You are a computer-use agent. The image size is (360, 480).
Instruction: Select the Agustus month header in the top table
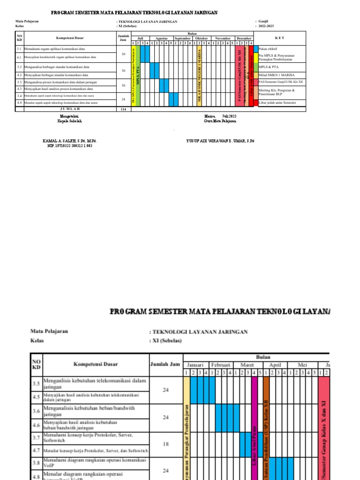[x=161, y=38]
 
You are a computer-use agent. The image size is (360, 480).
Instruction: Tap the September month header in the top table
[x=182, y=38]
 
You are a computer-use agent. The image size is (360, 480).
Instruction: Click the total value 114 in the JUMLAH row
[x=123, y=109]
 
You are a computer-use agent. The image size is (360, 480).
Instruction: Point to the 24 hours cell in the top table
[x=123, y=99]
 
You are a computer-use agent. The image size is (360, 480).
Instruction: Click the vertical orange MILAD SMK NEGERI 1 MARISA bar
[x=199, y=75]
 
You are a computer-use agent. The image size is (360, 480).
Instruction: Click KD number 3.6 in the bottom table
[x=36, y=411]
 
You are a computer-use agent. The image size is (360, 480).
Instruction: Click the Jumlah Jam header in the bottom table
[x=165, y=364]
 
